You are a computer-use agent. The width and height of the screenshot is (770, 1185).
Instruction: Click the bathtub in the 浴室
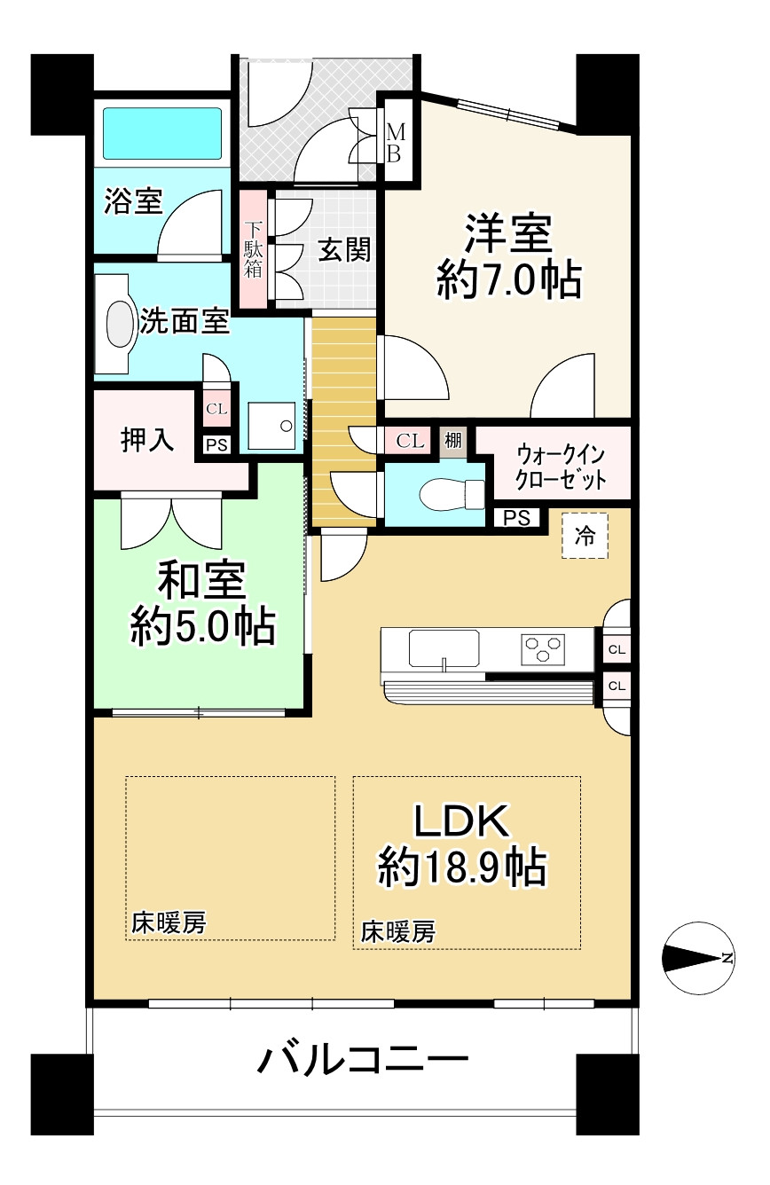162,133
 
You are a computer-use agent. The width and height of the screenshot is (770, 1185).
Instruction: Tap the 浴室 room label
133,201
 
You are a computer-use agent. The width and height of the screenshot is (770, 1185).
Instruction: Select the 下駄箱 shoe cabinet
254,248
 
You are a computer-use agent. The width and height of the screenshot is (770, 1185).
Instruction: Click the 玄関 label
344,249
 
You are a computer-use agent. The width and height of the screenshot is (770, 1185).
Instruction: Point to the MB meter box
396,142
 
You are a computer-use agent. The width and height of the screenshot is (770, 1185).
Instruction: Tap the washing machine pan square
271,426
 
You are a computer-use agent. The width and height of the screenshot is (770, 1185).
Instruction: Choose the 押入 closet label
147,439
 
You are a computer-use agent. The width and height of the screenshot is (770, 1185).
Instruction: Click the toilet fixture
452,495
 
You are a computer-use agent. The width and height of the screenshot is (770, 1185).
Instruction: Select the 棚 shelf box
453,440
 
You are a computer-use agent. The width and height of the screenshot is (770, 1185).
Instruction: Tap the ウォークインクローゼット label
560,467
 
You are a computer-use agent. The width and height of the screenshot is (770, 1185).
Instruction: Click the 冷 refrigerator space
585,536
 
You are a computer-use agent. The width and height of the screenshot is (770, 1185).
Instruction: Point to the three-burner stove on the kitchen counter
542,649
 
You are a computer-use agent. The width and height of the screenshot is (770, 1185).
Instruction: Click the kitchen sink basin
444,648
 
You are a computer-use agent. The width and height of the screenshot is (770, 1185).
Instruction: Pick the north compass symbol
698,958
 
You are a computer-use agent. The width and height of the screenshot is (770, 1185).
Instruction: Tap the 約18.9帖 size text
461,867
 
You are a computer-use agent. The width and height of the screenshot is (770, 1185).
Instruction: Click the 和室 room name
201,580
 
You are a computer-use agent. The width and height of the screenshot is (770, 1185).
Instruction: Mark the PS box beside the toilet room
517,518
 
